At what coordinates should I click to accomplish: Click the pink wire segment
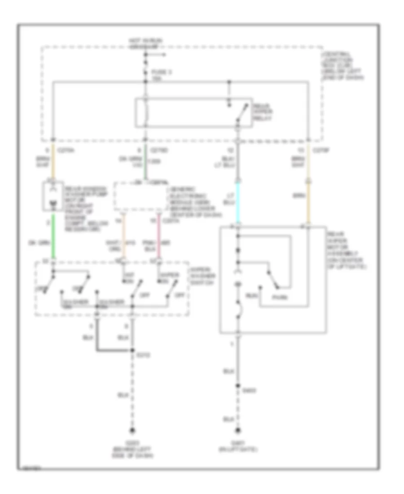(x=158, y=238)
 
